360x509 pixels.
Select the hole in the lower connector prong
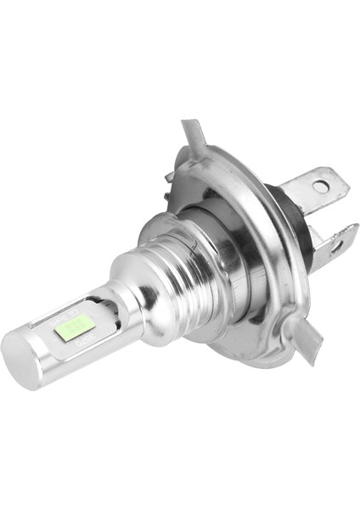point(336,247)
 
